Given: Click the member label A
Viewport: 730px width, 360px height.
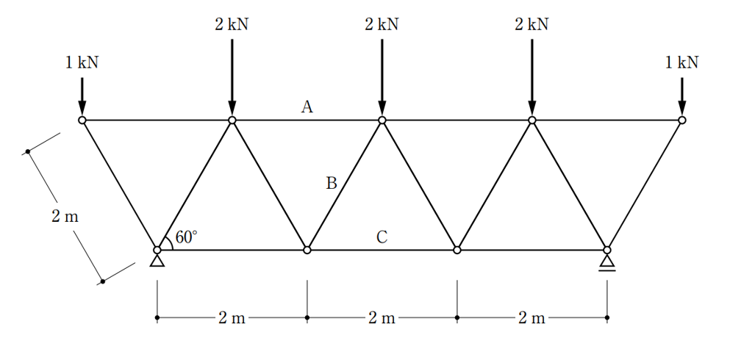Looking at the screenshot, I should point(307,107).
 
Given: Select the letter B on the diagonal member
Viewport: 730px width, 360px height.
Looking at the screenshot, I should point(331,183).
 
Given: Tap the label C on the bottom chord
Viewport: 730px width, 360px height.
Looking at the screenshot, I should point(382,237).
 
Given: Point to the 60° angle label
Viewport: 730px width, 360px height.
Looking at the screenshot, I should point(186,237).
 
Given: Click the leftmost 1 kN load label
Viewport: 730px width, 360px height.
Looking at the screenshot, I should point(82,62).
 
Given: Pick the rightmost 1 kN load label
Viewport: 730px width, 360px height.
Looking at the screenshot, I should point(681,62).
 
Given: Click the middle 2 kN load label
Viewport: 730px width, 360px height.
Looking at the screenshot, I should point(382,24).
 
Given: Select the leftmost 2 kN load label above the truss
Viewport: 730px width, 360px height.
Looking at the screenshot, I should point(232,24).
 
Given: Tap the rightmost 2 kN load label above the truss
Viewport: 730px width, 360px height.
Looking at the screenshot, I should point(532,24).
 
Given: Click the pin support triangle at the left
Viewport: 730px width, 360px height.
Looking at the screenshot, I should point(157,261).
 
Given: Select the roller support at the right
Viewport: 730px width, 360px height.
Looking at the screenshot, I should point(607,263).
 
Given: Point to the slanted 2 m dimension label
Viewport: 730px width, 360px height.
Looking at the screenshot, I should point(65,217).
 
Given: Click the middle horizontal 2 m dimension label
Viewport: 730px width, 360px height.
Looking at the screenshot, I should point(382,318).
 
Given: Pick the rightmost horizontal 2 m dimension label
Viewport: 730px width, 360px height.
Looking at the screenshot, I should point(532,318).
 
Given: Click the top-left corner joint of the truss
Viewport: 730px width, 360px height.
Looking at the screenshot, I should point(82,120).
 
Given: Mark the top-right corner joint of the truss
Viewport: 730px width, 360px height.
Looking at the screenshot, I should point(682,120).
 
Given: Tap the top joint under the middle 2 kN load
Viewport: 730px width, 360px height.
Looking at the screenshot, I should point(382,120).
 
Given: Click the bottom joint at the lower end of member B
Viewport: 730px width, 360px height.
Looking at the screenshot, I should point(307,250).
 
